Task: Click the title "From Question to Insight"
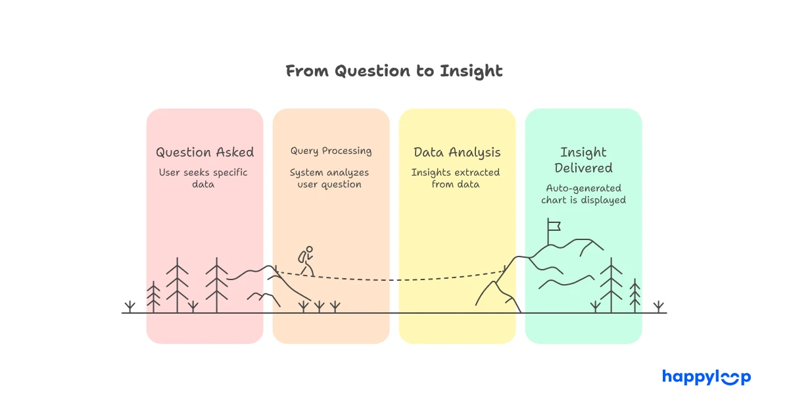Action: tap(394, 71)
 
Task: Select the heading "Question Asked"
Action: tap(204, 153)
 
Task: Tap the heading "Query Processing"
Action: tap(331, 151)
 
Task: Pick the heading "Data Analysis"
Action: tap(457, 153)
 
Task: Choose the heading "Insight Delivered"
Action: tap(583, 160)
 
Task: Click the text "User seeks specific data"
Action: tap(204, 178)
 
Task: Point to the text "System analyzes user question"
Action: tap(331, 178)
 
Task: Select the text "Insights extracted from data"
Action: tap(457, 178)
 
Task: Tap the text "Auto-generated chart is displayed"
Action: tap(583, 194)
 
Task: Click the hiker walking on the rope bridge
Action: tap(306, 261)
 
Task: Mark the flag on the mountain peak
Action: tap(554, 227)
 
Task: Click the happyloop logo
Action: tap(706, 377)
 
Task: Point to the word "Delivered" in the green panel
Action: tap(583, 168)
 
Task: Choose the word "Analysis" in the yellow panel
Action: tap(475, 153)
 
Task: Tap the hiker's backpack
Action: tap(302, 256)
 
